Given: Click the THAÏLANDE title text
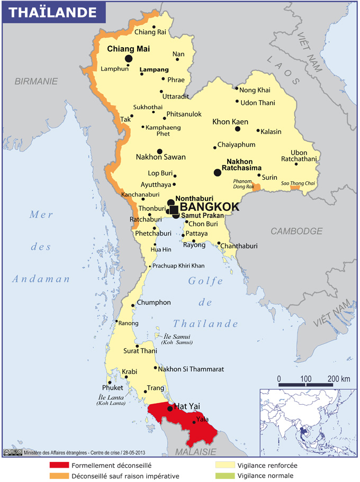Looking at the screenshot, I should pyautogui.click(x=53, y=12).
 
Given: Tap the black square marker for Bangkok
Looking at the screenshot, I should pyautogui.click(x=174, y=210).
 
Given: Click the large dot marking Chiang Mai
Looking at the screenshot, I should pyautogui.click(x=128, y=59).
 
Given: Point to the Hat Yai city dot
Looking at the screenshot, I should pyautogui.click(x=170, y=408).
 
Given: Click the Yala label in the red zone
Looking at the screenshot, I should pyautogui.click(x=202, y=419).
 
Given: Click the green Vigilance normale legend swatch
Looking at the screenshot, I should pyautogui.click(x=225, y=476).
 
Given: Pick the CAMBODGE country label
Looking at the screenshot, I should pyautogui.click(x=296, y=231).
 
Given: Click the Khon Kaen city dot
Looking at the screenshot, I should pyautogui.click(x=238, y=129).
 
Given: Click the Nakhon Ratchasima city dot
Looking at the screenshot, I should pyautogui.click(x=217, y=173).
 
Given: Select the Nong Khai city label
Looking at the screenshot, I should pyautogui.click(x=255, y=90).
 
